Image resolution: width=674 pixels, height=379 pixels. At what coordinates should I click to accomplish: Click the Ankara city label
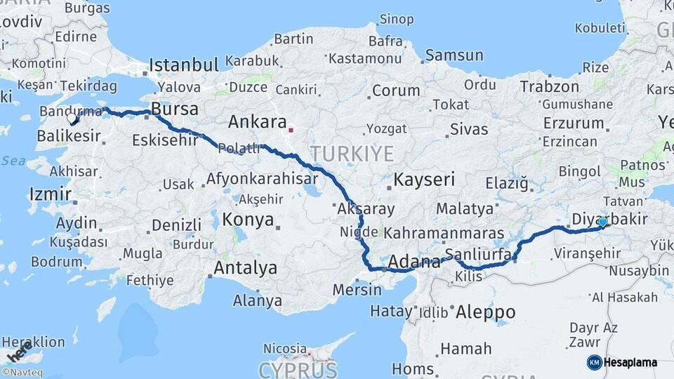(257, 121)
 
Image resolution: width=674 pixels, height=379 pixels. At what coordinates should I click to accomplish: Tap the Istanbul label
(184, 65)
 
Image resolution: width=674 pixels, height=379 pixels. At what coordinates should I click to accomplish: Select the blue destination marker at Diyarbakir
(602, 222)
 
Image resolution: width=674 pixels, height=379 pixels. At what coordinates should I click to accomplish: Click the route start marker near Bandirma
(72, 119)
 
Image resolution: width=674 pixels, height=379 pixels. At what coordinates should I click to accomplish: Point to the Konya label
(248, 220)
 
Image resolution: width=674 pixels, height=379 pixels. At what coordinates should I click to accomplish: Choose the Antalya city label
(245, 267)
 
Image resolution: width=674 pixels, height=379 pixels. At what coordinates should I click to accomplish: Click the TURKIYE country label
(352, 154)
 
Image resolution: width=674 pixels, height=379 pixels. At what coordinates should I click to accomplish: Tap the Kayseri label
(424, 179)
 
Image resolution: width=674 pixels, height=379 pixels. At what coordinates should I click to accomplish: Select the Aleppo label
(485, 312)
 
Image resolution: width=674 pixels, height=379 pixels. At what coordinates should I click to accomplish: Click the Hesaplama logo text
(630, 363)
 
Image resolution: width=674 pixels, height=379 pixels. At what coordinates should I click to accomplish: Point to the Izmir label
(50, 194)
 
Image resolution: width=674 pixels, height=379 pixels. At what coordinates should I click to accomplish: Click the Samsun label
(454, 55)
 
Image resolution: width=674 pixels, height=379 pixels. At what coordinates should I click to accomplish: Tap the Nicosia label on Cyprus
(285, 348)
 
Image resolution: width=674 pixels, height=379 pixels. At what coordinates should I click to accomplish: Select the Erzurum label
(573, 123)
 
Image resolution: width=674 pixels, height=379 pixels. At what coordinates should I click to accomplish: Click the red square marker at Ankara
(290, 129)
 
